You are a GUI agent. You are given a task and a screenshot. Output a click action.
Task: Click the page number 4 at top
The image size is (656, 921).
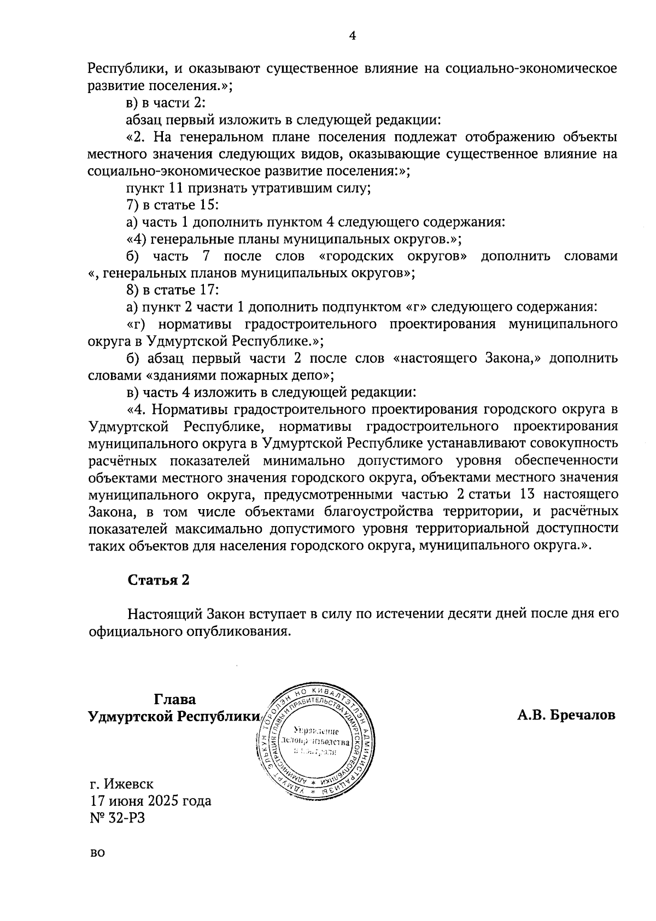[352, 36]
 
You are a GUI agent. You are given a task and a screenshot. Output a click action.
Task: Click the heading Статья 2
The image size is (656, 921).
[159, 580]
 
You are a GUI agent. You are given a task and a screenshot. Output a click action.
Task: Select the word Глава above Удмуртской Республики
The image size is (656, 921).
[175, 699]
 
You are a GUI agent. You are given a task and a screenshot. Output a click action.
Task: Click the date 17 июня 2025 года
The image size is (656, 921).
[150, 801]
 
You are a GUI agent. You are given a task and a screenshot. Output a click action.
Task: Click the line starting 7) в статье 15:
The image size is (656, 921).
[173, 205]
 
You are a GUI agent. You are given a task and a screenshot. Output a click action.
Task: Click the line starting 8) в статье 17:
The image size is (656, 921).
[173, 290]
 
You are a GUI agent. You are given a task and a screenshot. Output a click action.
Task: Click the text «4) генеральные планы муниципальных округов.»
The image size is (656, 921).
[294, 239]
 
